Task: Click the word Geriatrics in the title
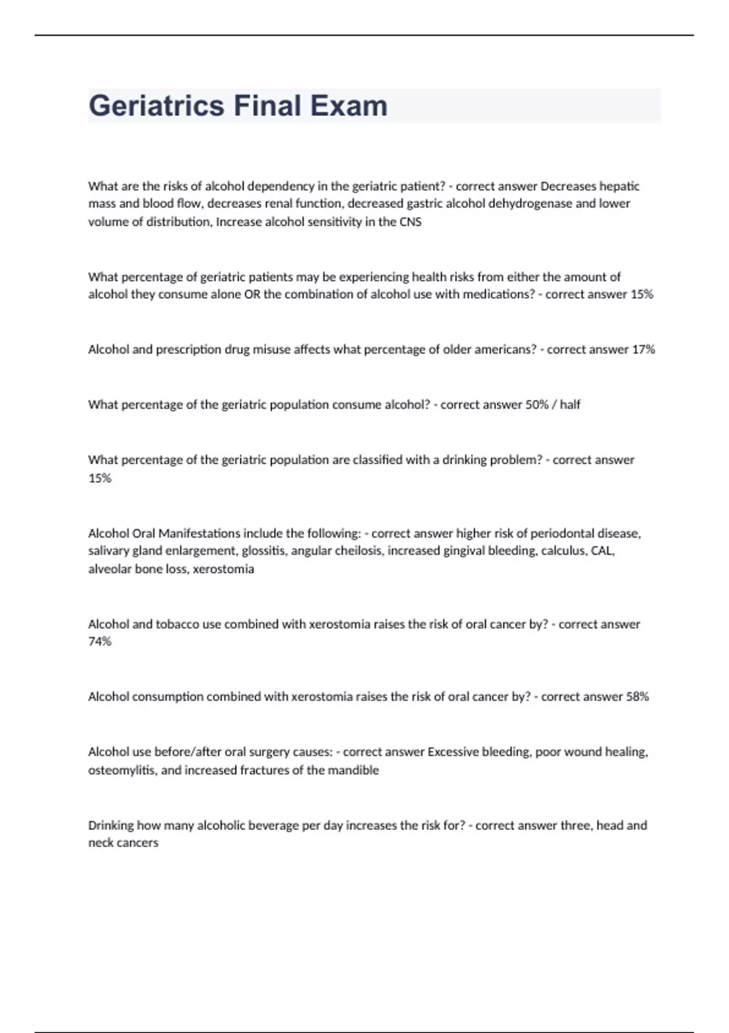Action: coord(157,106)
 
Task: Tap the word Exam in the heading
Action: coord(349,106)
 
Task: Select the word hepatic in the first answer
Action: coord(620,186)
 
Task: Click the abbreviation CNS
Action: coord(410,222)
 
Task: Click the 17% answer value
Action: coord(643,349)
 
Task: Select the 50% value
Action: coord(536,405)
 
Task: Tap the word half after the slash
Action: coord(570,405)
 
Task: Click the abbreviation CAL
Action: coord(602,551)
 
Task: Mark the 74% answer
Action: coord(100,642)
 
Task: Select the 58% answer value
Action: coord(637,697)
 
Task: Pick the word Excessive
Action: coord(453,752)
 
